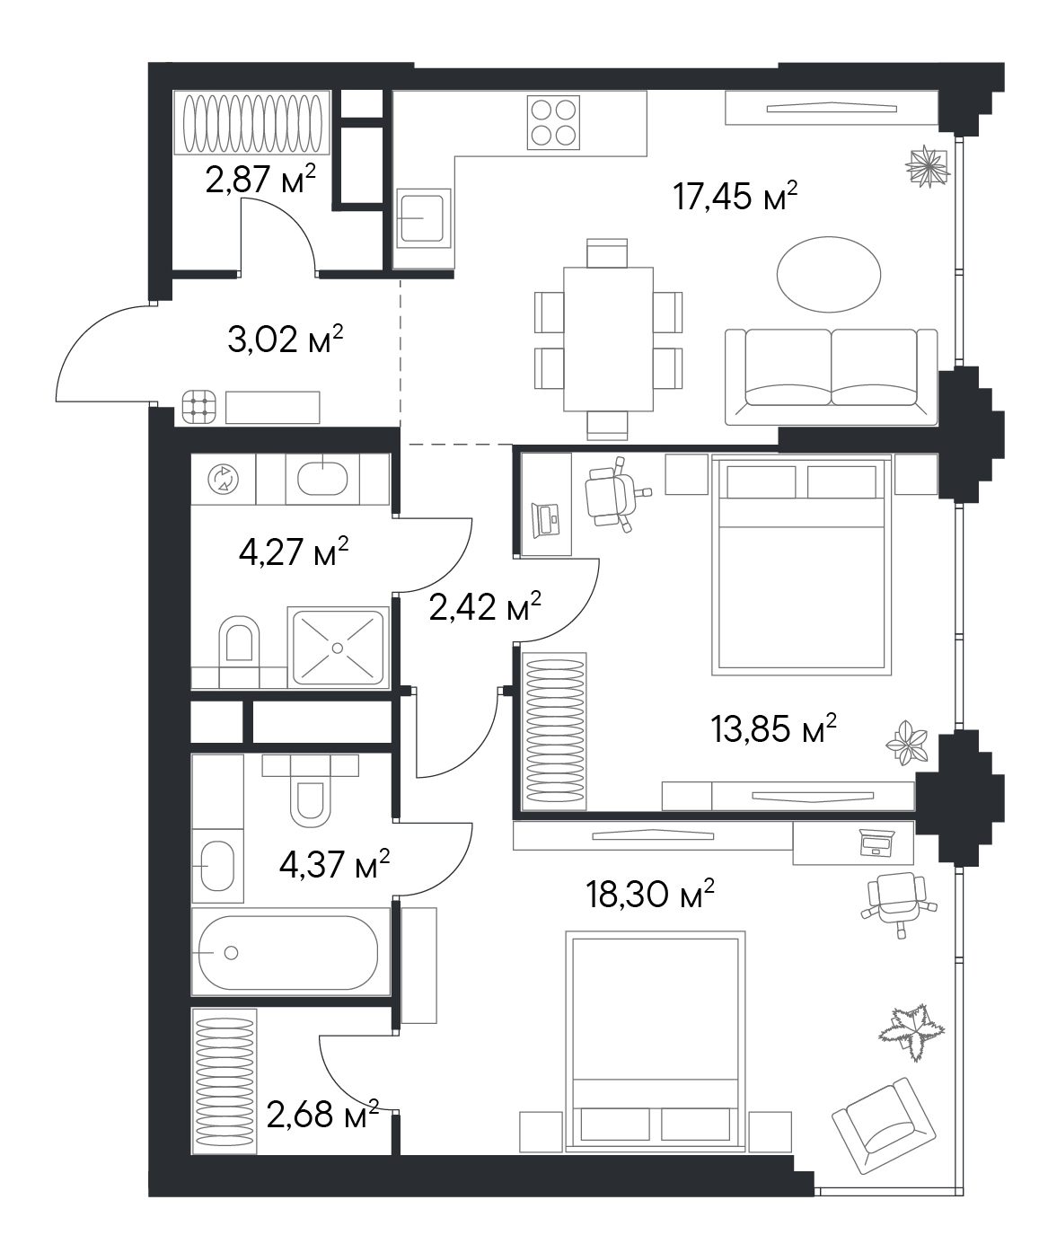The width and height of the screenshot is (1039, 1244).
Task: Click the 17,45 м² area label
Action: [735, 196]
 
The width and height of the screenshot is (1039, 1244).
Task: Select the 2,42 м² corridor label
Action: [485, 606]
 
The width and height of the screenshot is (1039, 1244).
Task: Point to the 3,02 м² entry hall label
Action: [286, 339]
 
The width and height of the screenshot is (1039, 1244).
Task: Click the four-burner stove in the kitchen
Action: [553, 122]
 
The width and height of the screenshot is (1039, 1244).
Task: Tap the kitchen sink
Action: [422, 218]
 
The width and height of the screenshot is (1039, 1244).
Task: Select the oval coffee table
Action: [829, 275]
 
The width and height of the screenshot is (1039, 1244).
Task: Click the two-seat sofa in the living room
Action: [831, 376]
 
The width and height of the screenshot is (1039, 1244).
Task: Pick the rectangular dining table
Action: [608, 339]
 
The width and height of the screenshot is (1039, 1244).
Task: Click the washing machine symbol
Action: [223, 479]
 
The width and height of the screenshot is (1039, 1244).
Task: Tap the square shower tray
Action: [338, 647]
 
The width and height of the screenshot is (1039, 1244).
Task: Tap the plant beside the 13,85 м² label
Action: [907, 743]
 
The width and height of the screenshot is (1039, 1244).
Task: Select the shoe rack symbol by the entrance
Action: [199, 407]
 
